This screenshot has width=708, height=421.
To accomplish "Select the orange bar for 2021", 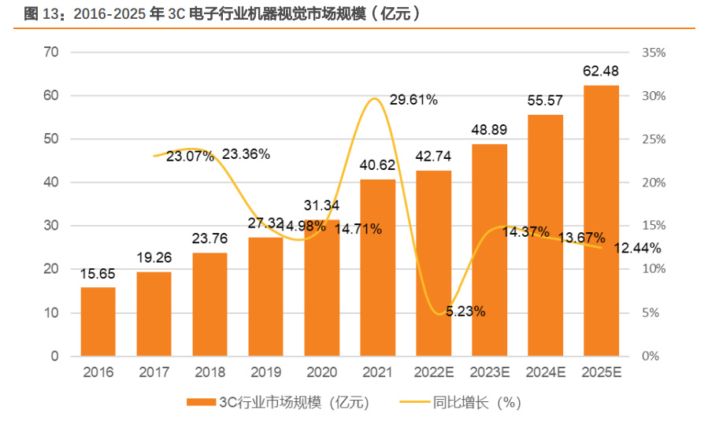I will coord(377,268).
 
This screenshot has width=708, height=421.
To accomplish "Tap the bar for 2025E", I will coord(601,220).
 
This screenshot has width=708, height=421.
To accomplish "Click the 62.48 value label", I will coord(601,72).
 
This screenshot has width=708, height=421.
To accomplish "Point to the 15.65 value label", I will coord(98,274).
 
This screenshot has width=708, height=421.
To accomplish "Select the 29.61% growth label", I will coord(413,100).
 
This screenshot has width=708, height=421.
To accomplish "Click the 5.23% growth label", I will coord(465,311).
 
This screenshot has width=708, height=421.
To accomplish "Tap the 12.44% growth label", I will coord(636,249).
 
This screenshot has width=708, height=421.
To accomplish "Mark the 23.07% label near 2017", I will coord(191,156).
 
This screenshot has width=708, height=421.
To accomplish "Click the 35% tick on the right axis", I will coord(654,52).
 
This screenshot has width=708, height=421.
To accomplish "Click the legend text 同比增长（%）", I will coord(478,402).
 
